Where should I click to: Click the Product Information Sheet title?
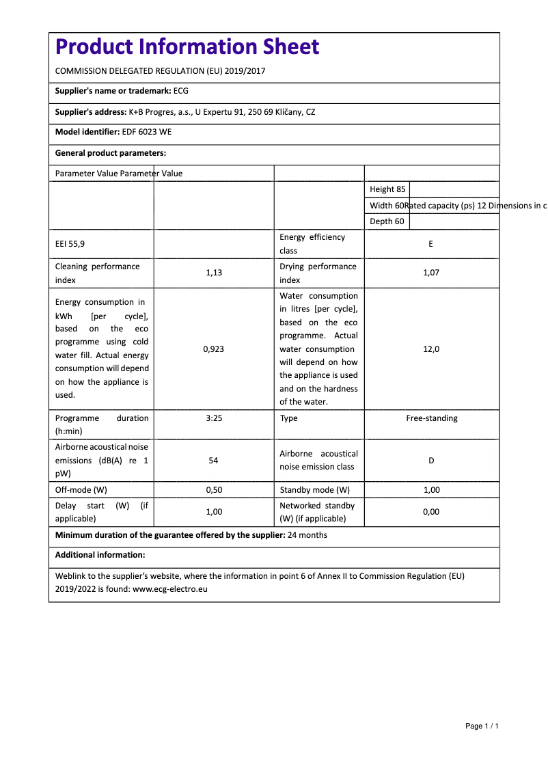pyautogui.click(x=187, y=46)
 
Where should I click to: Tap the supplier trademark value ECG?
pyautogui.click(x=181, y=91)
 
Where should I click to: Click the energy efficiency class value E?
pyautogui.click(x=430, y=244)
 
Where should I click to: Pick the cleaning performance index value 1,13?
pyautogui.click(x=214, y=273)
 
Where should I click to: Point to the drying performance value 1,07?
pyautogui.click(x=430, y=273)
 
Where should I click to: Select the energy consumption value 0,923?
pyautogui.click(x=214, y=349)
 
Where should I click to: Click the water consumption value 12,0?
pyautogui.click(x=430, y=349)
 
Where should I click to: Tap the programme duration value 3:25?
pyautogui.click(x=214, y=418)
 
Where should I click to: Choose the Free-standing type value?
pyautogui.click(x=432, y=418)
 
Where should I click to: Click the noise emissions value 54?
pyautogui.click(x=214, y=461)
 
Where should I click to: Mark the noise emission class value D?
pyautogui.click(x=430, y=461)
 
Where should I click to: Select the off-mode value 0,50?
pyautogui.click(x=214, y=490)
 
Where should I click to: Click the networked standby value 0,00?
pyautogui.click(x=430, y=512)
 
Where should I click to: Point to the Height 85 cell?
pyautogui.click(x=387, y=189)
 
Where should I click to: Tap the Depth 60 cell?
pyautogui.click(x=387, y=221)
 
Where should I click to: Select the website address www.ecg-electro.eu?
pyautogui.click(x=169, y=588)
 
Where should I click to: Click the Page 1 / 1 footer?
pyautogui.click(x=482, y=726)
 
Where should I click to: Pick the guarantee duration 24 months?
pyautogui.click(x=307, y=535)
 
